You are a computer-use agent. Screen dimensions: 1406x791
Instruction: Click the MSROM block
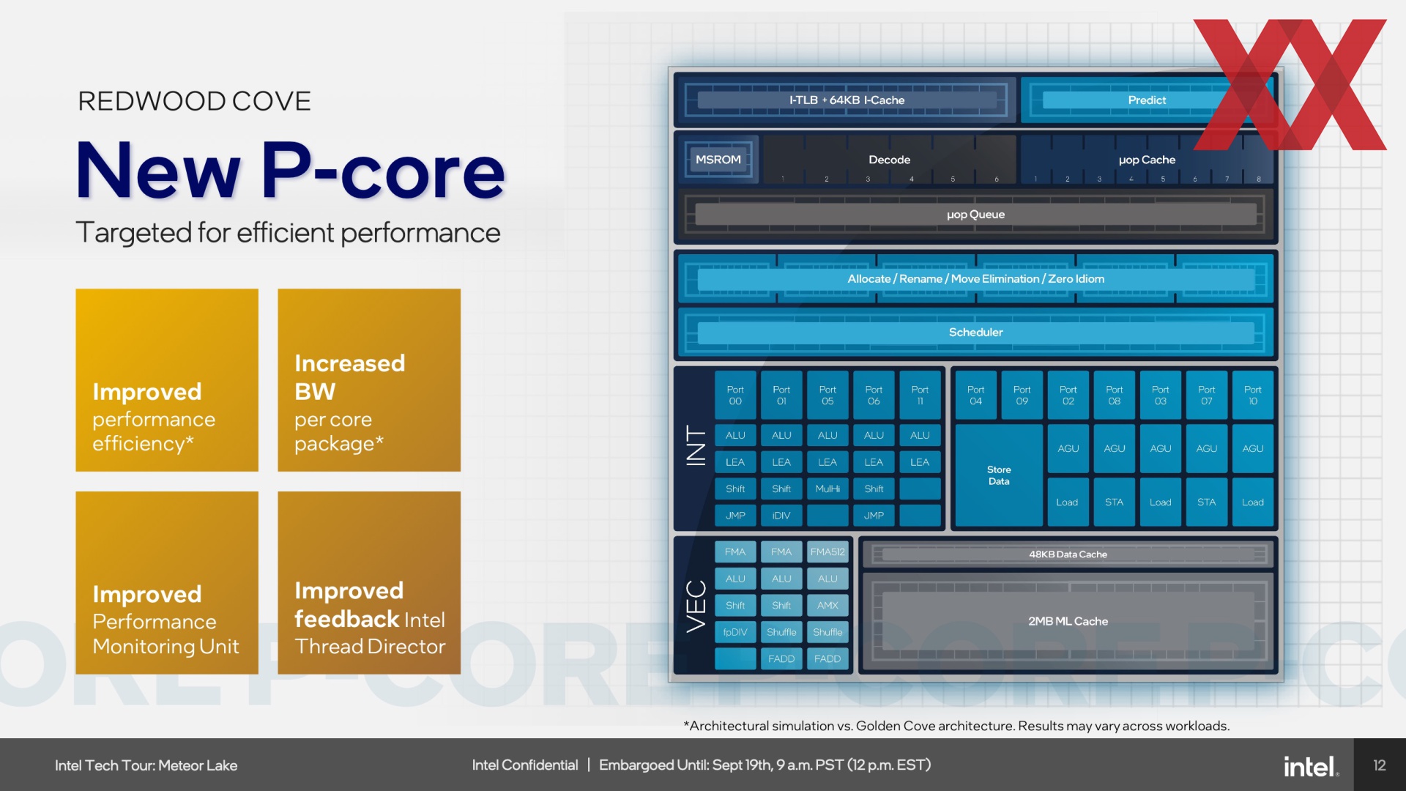point(718,160)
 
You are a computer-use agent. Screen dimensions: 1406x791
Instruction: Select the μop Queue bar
point(975,215)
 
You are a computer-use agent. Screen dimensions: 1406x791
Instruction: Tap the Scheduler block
point(975,333)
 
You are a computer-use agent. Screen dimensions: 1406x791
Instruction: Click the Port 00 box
point(735,395)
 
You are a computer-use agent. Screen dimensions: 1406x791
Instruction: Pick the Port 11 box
point(920,395)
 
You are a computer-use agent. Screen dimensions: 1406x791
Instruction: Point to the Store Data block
point(999,475)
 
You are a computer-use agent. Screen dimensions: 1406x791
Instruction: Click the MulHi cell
point(827,489)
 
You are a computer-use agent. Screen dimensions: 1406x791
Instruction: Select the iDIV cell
point(781,516)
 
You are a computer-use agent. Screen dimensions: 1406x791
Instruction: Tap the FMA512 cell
point(827,552)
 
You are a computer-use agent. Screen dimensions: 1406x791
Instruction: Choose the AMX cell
point(827,606)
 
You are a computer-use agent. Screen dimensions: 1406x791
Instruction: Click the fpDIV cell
point(735,632)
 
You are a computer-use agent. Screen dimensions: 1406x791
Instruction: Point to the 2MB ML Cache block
point(1068,621)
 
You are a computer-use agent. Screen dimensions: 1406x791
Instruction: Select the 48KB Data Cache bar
point(1068,554)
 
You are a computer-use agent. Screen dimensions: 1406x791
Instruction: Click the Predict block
point(1147,100)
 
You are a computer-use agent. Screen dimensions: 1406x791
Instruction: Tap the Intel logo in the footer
point(1311,766)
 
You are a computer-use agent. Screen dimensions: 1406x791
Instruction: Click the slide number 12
point(1380,765)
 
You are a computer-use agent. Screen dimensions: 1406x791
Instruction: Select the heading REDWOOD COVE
point(194,101)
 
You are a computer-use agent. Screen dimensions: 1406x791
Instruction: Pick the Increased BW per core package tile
point(369,380)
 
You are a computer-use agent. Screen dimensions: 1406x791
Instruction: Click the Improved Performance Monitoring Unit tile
point(167,583)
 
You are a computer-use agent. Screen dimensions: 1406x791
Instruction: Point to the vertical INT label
point(696,445)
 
